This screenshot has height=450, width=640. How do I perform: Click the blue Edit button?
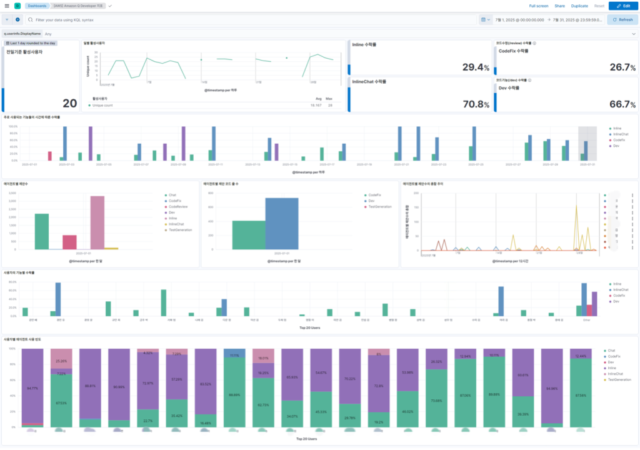pos(622,6)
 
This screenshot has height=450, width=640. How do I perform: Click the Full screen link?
pos(538,6)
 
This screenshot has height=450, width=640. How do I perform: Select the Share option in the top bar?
pos(559,6)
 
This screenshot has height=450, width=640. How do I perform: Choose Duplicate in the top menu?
pos(579,6)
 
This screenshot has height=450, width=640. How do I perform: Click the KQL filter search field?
pos(250,19)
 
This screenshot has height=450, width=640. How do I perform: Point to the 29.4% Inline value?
pos(476,67)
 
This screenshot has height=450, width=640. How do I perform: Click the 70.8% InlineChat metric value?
pos(476,104)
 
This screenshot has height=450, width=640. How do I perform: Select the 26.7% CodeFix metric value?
pos(622,67)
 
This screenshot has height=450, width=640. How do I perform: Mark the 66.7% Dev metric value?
pos(622,104)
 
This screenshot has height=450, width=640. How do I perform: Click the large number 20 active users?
pos(69,104)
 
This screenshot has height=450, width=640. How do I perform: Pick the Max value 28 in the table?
pos(329,106)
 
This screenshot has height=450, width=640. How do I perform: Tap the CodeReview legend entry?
pos(176,206)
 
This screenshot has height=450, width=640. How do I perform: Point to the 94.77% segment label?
pos(32,387)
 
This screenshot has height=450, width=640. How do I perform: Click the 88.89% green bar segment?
pos(234,395)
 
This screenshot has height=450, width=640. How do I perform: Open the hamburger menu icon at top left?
pos(6,6)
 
